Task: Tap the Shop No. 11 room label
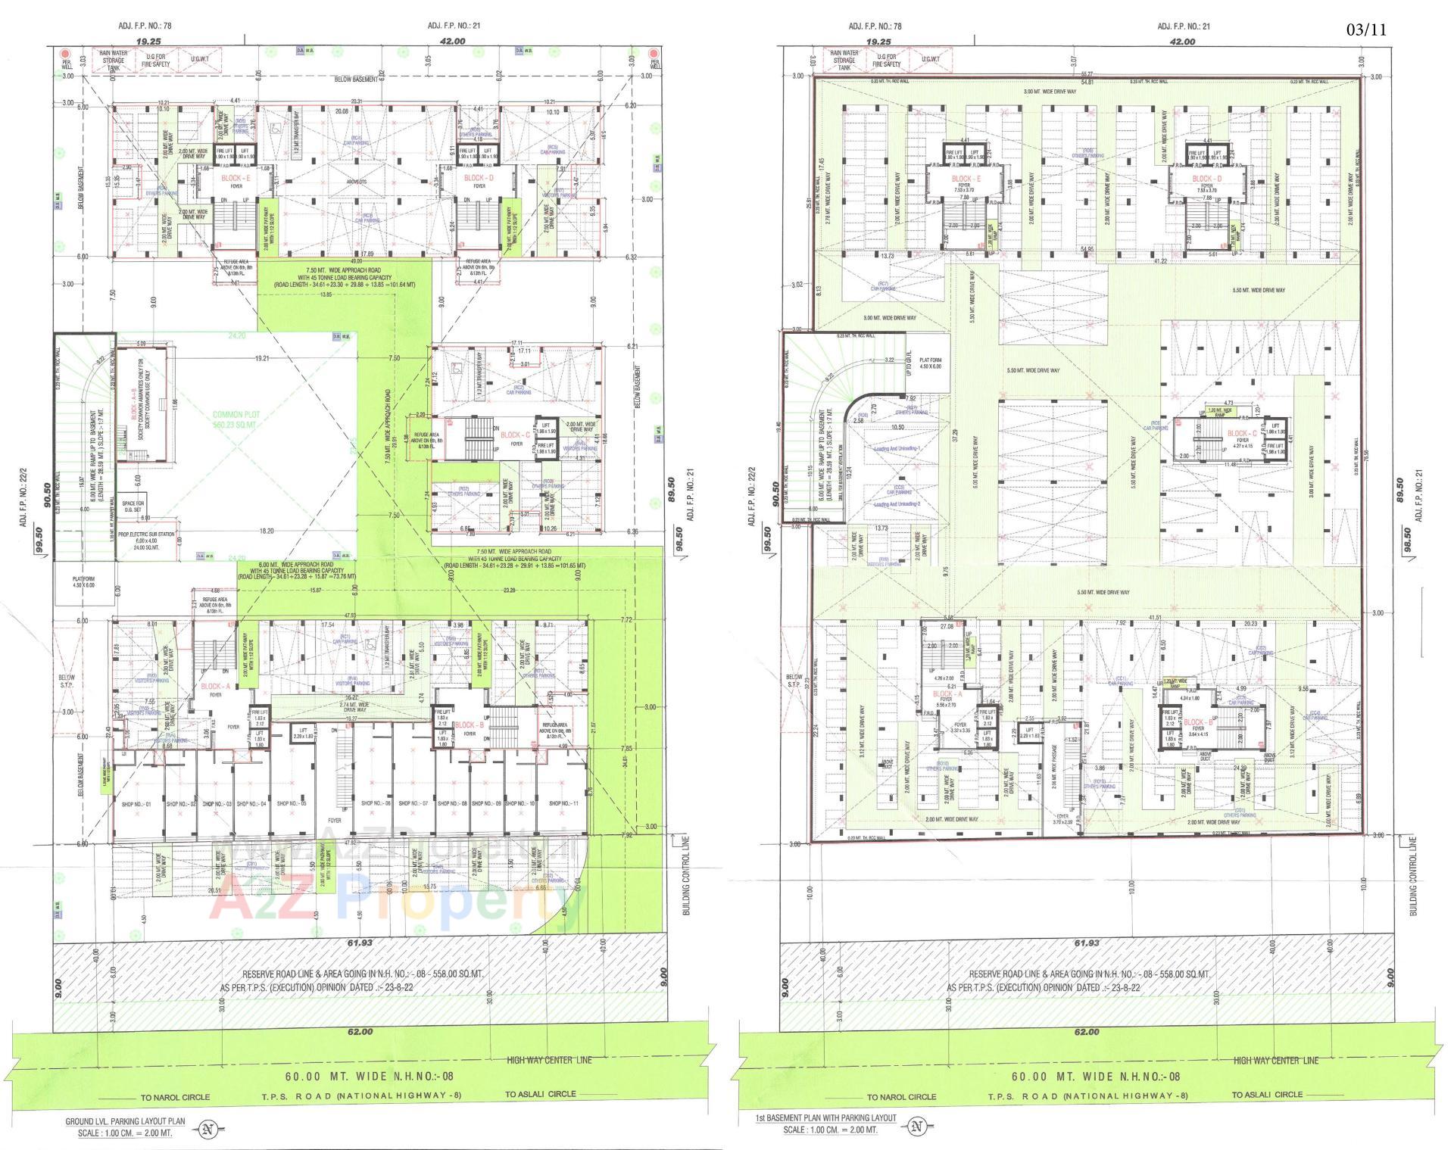(563, 803)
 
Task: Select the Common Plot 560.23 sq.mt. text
(236, 419)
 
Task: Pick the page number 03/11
(1366, 30)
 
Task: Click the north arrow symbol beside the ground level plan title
(207, 1130)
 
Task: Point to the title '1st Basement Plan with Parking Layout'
(825, 1118)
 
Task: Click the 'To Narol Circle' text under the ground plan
(175, 1097)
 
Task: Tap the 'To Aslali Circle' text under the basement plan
(1267, 1095)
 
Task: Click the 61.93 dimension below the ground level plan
(360, 943)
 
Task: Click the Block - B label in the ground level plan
(464, 725)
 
